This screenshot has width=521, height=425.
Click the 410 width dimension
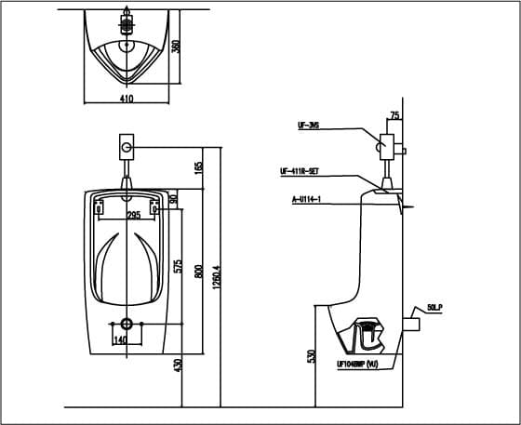pos(126,97)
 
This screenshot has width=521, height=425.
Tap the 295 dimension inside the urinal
pos(133,215)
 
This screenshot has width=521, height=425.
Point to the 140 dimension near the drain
pos(119,339)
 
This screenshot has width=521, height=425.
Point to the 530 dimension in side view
pos(311,356)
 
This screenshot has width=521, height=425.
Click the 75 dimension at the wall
pos(395,116)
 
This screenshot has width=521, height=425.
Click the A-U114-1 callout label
pos(305,199)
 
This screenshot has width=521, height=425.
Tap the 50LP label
pos(434,306)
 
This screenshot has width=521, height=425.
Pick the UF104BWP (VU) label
pos(357,364)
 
